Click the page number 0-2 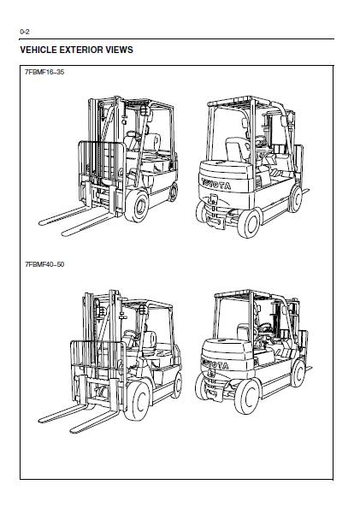pyautogui.click(x=25, y=32)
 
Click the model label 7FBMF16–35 pyautogui.click(x=44, y=72)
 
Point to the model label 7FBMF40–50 pyautogui.click(x=44, y=264)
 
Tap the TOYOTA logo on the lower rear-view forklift pyautogui.click(x=215, y=363)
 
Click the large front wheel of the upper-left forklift pyautogui.click(x=138, y=206)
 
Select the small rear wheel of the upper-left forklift pyautogui.click(x=174, y=192)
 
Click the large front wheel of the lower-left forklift pyautogui.click(x=137, y=401)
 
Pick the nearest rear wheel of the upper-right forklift pyautogui.click(x=249, y=223)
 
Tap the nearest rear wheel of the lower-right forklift pyautogui.click(x=247, y=397)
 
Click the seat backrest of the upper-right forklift pyautogui.click(x=237, y=149)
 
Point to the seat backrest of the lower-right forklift pyautogui.click(x=244, y=332)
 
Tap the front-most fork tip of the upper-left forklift pyautogui.click(x=64, y=233)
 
